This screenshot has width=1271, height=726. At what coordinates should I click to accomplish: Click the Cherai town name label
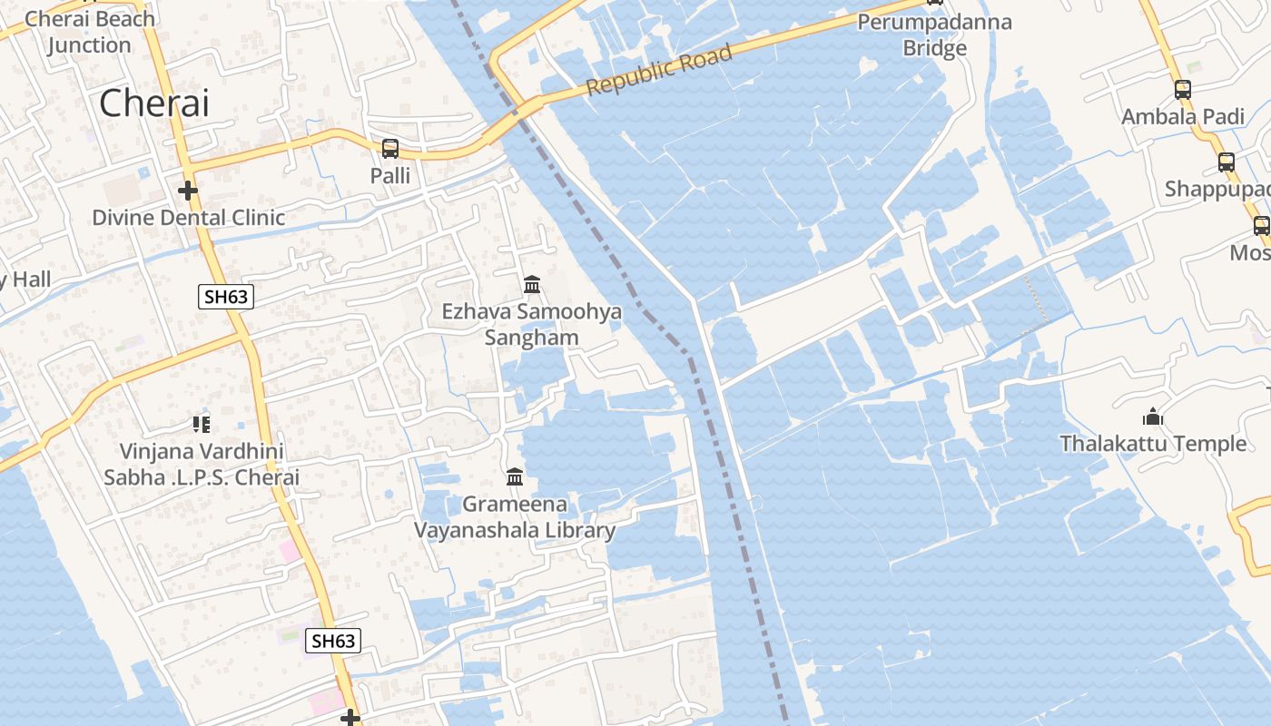point(154,103)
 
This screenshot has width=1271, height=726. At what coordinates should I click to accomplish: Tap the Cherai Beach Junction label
point(90,32)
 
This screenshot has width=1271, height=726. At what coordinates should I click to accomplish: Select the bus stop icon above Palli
point(390,148)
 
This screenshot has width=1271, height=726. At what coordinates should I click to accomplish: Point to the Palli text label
point(390,175)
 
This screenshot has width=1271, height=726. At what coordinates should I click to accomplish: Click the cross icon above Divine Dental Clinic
point(188,191)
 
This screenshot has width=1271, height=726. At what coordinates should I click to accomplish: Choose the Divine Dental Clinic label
point(189,218)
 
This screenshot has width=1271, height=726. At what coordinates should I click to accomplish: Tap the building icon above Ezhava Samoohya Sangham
point(532,285)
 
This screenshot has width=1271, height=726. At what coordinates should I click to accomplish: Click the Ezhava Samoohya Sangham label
point(532,325)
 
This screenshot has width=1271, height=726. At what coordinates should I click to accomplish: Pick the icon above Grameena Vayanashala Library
point(515,476)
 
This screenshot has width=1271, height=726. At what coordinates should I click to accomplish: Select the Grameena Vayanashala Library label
point(515,517)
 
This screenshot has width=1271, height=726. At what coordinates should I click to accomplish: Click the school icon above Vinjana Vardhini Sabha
point(202,424)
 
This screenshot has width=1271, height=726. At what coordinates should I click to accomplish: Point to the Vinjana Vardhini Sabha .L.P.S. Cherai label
point(202,464)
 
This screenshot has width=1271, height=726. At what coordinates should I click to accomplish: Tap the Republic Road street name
point(659,71)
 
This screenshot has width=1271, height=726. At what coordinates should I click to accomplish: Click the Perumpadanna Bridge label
point(934,34)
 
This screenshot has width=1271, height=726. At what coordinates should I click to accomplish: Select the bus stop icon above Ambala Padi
point(1182,89)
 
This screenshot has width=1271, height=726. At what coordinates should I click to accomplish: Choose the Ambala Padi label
point(1183,116)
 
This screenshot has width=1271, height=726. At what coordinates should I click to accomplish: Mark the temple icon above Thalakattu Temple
point(1153,417)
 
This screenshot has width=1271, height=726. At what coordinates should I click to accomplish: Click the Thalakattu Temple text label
point(1153,444)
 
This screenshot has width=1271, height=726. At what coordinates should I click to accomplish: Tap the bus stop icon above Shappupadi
point(1227,162)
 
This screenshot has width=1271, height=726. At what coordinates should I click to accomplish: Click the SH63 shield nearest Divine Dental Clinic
point(225,297)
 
